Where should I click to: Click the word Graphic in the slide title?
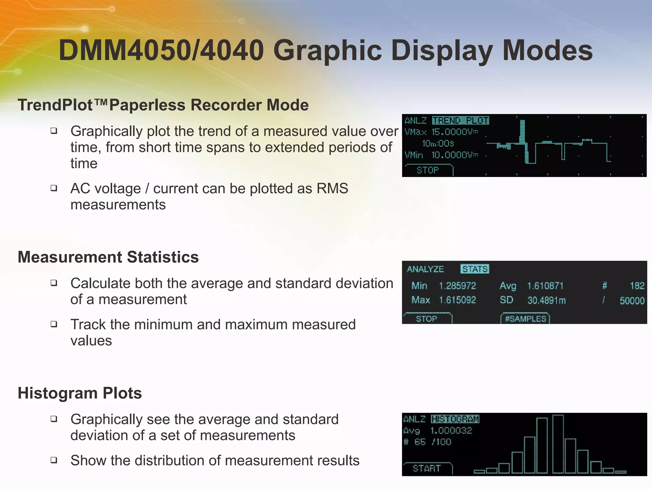tap(327, 51)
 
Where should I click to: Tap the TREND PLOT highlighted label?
tap(460, 121)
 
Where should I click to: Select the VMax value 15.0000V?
tap(455, 132)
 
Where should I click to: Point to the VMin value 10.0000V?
tap(455, 155)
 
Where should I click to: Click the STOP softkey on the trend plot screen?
tap(428, 170)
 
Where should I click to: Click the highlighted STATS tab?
tap(475, 269)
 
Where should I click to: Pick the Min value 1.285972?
tap(457, 286)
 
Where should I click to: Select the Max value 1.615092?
tap(457, 300)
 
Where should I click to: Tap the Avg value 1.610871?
tap(545, 286)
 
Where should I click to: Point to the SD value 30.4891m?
tap(546, 300)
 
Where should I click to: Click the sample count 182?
tap(637, 286)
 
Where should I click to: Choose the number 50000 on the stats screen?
tap(632, 301)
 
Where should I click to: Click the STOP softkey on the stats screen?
tap(426, 319)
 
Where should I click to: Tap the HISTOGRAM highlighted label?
tap(455, 419)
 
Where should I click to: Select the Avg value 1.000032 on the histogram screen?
tap(451, 431)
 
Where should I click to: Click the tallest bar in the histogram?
tap(558, 444)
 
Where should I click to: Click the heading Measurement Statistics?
tap(108, 257)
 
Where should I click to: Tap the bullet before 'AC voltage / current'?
tap(54, 188)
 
